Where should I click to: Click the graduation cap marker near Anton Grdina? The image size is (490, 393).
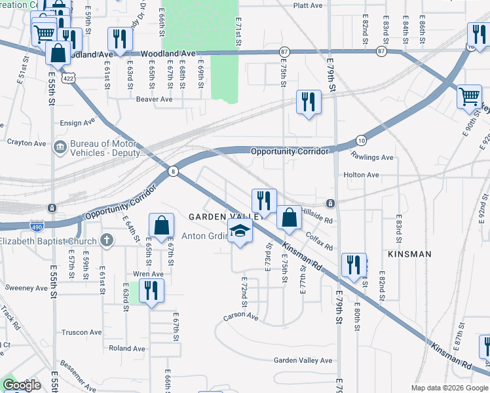(240, 231)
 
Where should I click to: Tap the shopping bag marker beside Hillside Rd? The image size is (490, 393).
(289, 217)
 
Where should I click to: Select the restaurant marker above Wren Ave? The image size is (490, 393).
(151, 290)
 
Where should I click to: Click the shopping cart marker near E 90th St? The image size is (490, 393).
(470, 97)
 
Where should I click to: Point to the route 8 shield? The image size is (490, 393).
(172, 171)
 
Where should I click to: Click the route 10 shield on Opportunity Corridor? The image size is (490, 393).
(361, 140)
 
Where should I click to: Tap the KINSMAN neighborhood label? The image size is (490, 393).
(409, 253)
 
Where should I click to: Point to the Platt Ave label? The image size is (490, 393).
(309, 5)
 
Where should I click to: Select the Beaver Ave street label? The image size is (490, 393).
(154, 100)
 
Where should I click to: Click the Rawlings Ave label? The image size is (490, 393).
(371, 157)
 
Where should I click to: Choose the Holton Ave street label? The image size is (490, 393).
(362, 175)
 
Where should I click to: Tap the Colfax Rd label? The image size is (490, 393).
(319, 241)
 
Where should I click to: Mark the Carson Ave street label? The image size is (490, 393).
(241, 317)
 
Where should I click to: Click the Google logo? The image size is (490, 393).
(22, 385)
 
